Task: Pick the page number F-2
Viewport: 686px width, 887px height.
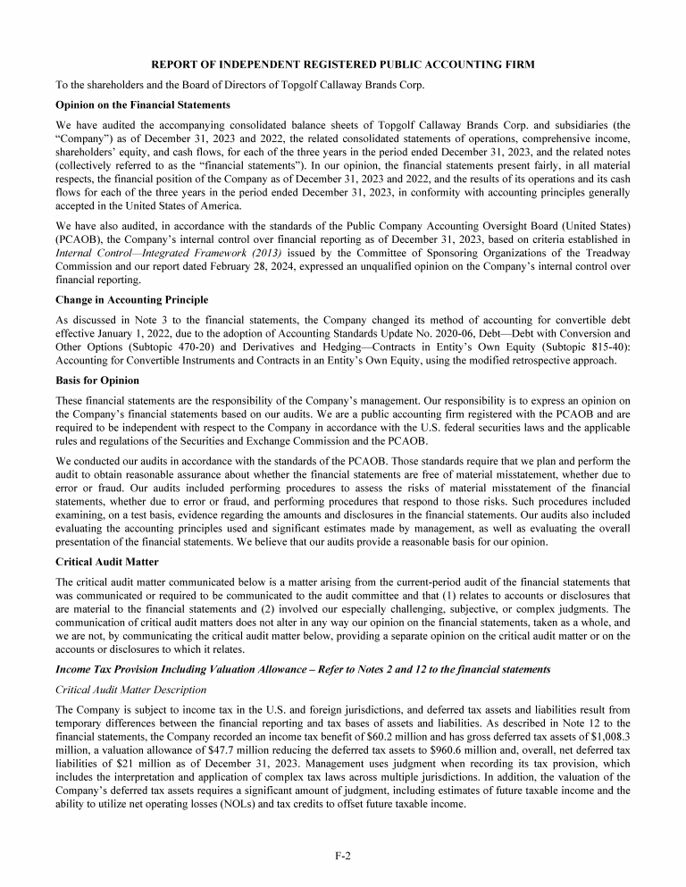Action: (x=342, y=856)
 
